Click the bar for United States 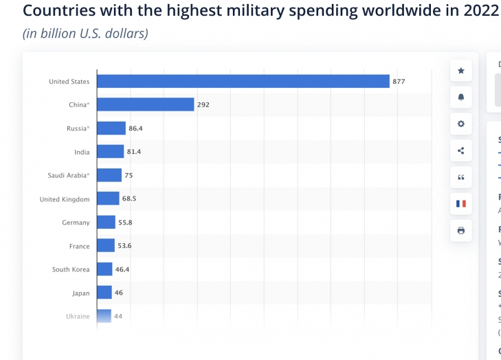(x=243, y=81)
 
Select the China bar (x=146, y=104)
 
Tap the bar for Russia (x=111, y=128)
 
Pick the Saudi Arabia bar (x=109, y=175)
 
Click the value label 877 (x=399, y=82)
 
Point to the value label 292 (x=203, y=105)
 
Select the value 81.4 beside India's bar (x=133, y=152)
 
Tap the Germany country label (x=76, y=223)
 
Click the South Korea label (x=71, y=269)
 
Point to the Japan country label (x=80, y=293)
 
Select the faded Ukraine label (x=78, y=316)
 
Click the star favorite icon (x=460, y=71)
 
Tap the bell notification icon (x=460, y=98)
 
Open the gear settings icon (x=460, y=124)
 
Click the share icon (x=460, y=150)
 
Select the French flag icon (x=460, y=203)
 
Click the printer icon (x=460, y=230)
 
